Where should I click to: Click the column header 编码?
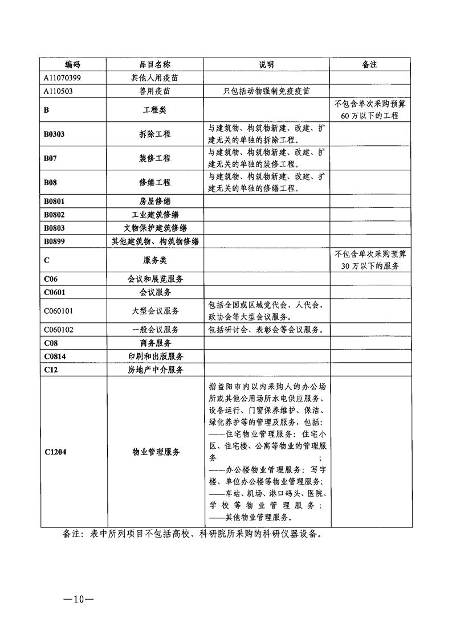click(72, 65)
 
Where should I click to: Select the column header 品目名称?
click(154, 65)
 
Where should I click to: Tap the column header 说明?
click(266, 65)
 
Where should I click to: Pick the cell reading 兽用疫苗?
click(154, 91)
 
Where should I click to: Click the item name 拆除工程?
click(154, 134)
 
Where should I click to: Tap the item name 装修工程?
click(154, 158)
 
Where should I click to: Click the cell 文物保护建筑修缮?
click(154, 228)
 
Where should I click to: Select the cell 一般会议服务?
click(154, 330)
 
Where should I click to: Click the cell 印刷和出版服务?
click(154, 357)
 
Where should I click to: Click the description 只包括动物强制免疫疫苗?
click(266, 91)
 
